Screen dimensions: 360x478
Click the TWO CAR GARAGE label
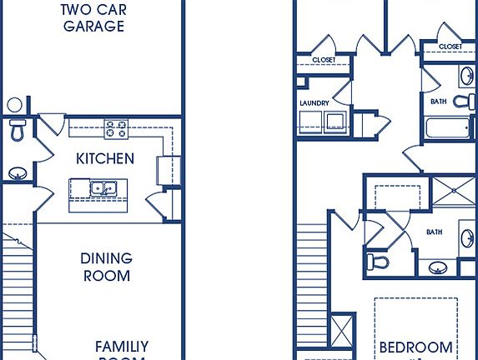click(x=93, y=17)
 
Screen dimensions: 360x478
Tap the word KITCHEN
click(x=104, y=158)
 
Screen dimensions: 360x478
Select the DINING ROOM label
click(x=107, y=267)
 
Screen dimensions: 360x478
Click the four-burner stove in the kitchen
click(x=115, y=129)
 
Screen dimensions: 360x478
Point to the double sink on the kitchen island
click(x=103, y=187)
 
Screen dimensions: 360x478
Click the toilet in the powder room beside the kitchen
click(x=18, y=130)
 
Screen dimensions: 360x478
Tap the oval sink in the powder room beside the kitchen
click(x=18, y=173)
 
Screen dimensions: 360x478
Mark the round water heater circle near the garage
click(x=15, y=105)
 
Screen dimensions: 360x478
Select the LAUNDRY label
click(x=314, y=103)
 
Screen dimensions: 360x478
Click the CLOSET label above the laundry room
click(x=324, y=59)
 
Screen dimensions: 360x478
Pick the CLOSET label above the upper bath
click(x=450, y=47)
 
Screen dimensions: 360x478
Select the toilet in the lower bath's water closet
click(x=378, y=262)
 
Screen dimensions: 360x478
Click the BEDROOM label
click(x=416, y=347)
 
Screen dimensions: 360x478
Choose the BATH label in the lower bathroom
click(x=434, y=232)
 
